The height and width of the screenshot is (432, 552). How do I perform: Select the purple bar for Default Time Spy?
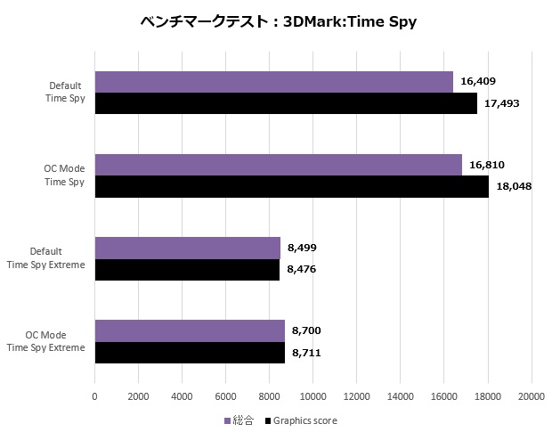point(273,82)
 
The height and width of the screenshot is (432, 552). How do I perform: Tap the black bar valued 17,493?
point(285,103)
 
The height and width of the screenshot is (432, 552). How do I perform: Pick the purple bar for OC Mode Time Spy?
point(278,165)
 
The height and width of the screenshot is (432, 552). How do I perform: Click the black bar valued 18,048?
point(291,186)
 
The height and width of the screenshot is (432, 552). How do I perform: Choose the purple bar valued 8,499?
point(187,248)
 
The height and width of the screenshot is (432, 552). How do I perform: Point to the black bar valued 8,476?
point(187,269)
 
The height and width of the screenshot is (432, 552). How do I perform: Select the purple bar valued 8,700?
point(190,330)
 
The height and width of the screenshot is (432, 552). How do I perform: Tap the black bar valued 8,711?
point(190,352)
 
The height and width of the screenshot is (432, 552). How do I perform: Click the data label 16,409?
point(478,82)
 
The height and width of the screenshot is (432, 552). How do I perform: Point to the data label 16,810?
point(487,165)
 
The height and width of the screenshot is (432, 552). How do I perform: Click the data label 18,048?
point(514,186)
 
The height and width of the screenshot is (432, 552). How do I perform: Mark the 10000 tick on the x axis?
point(313,395)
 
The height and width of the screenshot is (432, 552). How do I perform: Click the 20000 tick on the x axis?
point(532,395)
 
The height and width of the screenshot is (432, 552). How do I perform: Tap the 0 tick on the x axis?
point(95,395)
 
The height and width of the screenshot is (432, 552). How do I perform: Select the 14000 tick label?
point(401,395)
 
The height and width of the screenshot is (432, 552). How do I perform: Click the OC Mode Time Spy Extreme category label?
point(55,341)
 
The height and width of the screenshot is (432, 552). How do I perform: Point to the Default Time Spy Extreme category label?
point(57,258)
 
